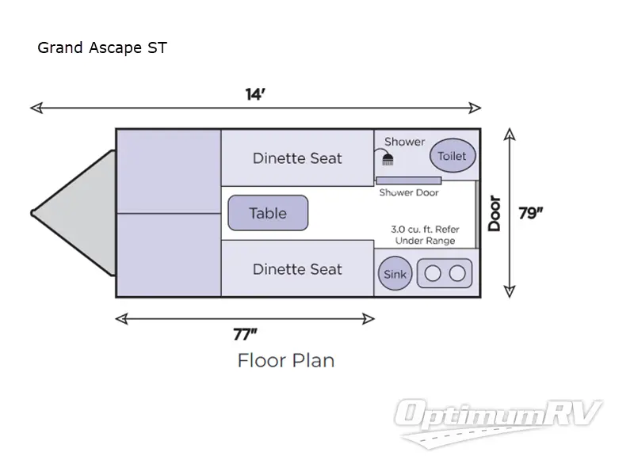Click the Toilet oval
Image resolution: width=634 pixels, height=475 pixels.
(x=453, y=156)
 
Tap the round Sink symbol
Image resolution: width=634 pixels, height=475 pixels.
(x=395, y=274)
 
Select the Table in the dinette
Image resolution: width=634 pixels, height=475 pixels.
(x=268, y=213)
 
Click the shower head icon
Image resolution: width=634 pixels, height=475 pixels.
(x=388, y=158)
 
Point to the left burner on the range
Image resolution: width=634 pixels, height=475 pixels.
(x=433, y=274)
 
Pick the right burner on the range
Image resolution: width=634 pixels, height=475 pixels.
(x=457, y=274)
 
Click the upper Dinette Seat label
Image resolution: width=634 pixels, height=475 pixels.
(x=297, y=158)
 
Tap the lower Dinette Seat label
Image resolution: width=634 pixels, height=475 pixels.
(x=297, y=269)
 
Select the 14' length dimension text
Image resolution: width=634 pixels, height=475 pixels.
(x=254, y=94)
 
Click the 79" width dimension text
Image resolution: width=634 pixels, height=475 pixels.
(x=530, y=213)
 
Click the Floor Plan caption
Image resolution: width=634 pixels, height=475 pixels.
(x=285, y=360)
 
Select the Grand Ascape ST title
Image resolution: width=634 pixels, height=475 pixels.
(x=102, y=48)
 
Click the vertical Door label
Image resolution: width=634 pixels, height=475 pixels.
(x=495, y=213)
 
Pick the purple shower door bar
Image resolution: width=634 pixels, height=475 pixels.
(x=408, y=180)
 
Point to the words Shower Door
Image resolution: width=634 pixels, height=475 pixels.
(x=408, y=192)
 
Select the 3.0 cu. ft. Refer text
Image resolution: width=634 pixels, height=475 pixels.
(x=425, y=230)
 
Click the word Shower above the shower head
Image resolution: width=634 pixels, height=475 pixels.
(x=404, y=142)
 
